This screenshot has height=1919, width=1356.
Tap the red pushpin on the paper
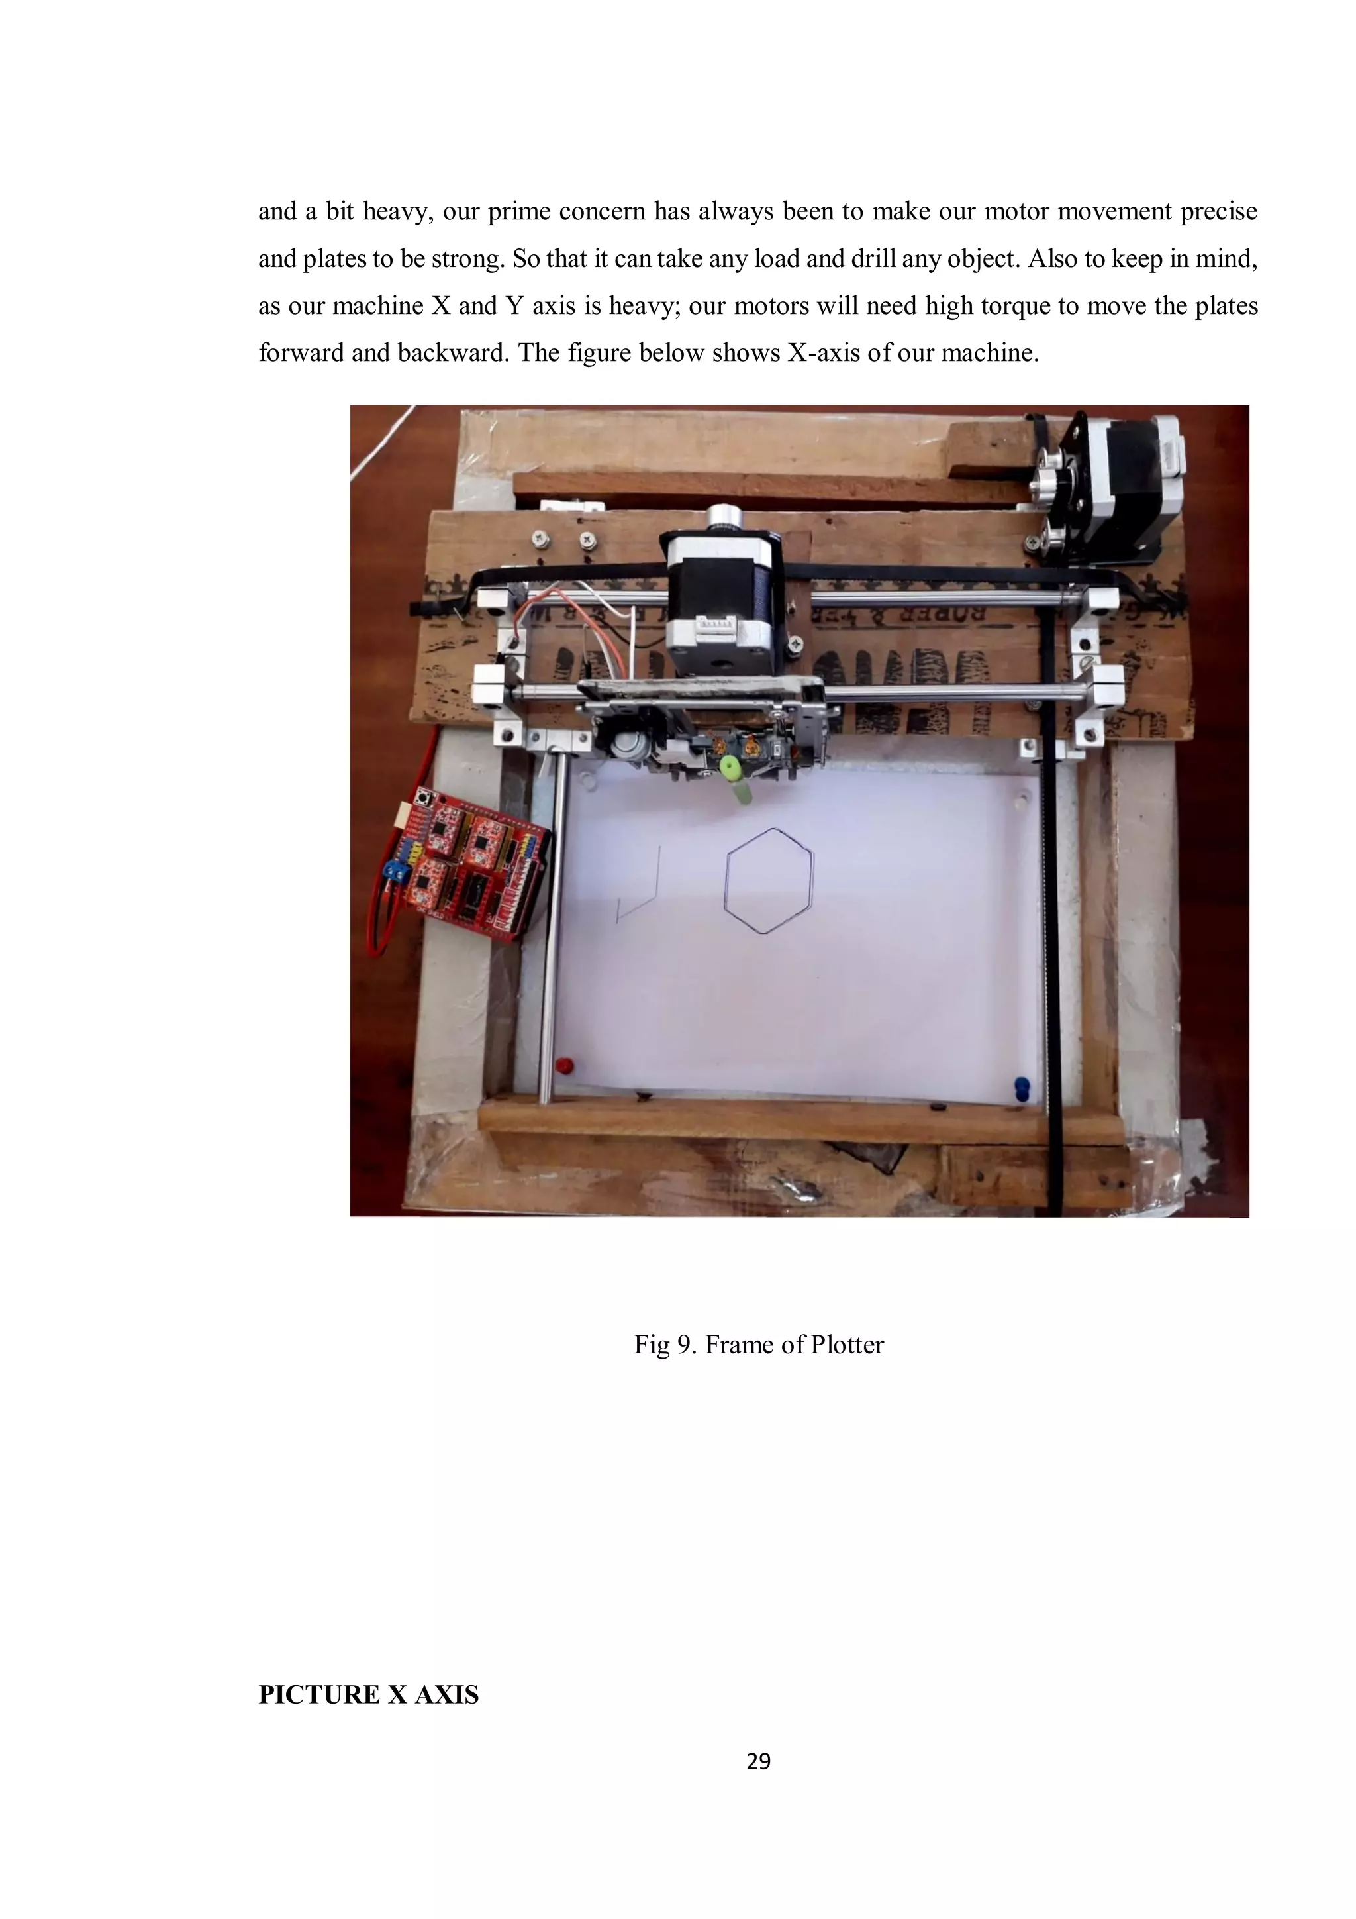pyautogui.click(x=564, y=1066)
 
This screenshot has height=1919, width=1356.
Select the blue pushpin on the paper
pyautogui.click(x=1021, y=1088)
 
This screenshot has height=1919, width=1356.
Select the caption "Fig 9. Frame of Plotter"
pyautogui.click(x=758, y=1345)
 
